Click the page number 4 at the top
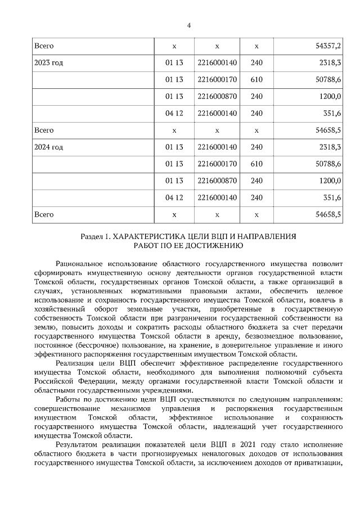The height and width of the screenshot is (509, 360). [189, 25]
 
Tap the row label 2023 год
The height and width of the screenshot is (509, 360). [49, 62]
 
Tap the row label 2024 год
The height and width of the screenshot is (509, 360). [49, 147]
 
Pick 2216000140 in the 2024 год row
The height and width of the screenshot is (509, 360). [217, 147]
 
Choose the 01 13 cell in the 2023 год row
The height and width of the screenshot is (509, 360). [174, 62]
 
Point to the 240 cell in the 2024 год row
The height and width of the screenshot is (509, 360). [256, 147]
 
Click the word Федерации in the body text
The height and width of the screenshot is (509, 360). [78, 382]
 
